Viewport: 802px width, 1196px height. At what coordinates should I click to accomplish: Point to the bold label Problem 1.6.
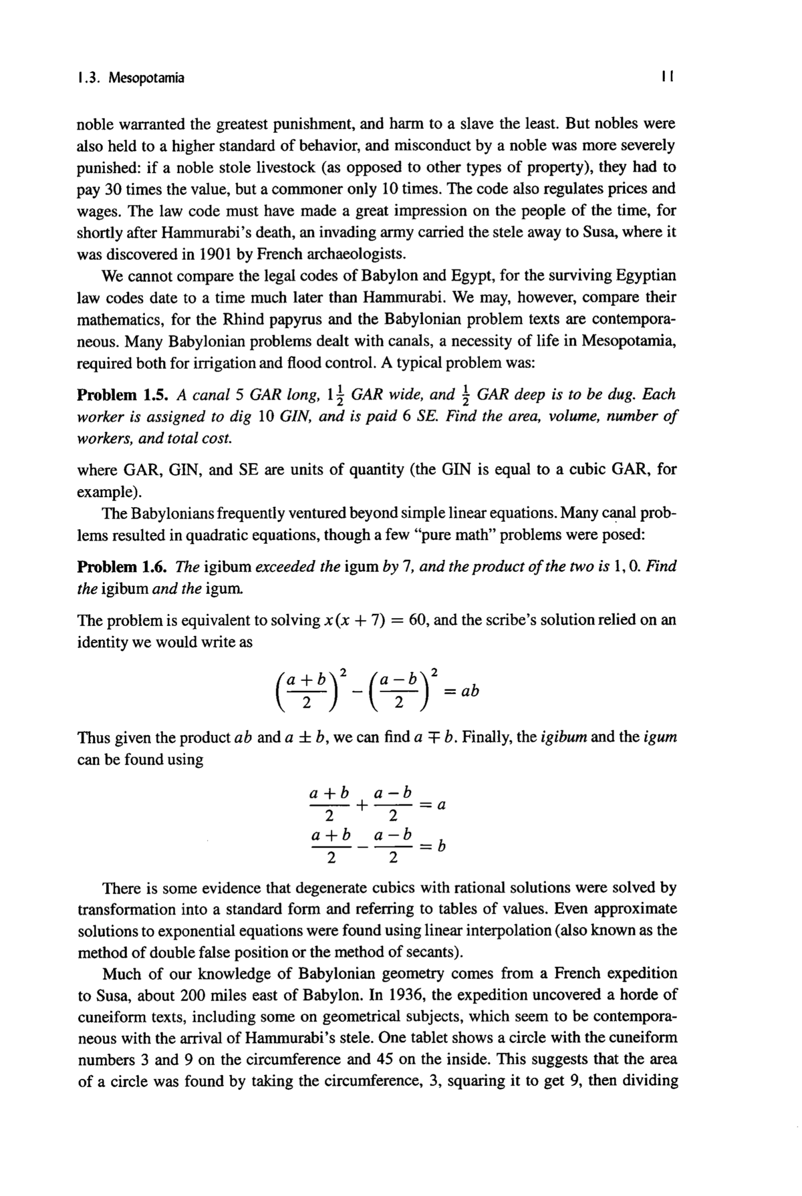(119, 567)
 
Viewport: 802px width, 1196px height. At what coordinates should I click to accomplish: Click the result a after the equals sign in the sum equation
(441, 805)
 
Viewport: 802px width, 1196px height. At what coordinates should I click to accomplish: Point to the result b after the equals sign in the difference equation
(442, 847)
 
